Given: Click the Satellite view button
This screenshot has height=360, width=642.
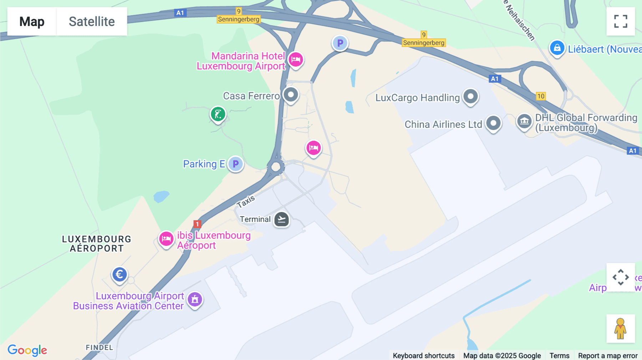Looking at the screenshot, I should pos(92,21).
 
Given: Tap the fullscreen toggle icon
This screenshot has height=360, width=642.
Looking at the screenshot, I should pos(621,21).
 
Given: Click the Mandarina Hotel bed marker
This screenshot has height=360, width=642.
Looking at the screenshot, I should pos(296,60).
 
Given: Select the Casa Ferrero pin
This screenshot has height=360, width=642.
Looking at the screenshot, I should pos(291,95).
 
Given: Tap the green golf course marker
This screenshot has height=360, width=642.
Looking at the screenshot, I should pos(218,114).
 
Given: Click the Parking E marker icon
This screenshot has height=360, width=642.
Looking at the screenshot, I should pos(235,164).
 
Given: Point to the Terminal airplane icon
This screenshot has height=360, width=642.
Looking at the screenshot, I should pos(281,219).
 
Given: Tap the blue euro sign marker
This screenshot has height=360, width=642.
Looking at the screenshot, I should pos(119,274).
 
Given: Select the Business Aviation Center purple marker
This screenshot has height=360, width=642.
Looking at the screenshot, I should pos(195,299).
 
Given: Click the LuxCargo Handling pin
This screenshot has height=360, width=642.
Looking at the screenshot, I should pos(470,96).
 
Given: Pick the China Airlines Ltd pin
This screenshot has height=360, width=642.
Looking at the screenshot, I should pos(494,123).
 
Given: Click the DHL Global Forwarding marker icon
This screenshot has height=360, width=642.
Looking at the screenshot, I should pos(524,121).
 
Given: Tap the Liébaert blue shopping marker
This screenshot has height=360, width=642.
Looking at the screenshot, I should pos(557,48).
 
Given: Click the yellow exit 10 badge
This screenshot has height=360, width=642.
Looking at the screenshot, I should pos(541,96).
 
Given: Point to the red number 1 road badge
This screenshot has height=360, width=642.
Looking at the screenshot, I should pos(197,224).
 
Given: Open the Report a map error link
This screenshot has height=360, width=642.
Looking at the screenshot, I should pos(608,356).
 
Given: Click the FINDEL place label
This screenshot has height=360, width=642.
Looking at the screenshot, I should pos(100,348).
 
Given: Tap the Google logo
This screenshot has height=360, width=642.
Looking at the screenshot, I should pos(27,350).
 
